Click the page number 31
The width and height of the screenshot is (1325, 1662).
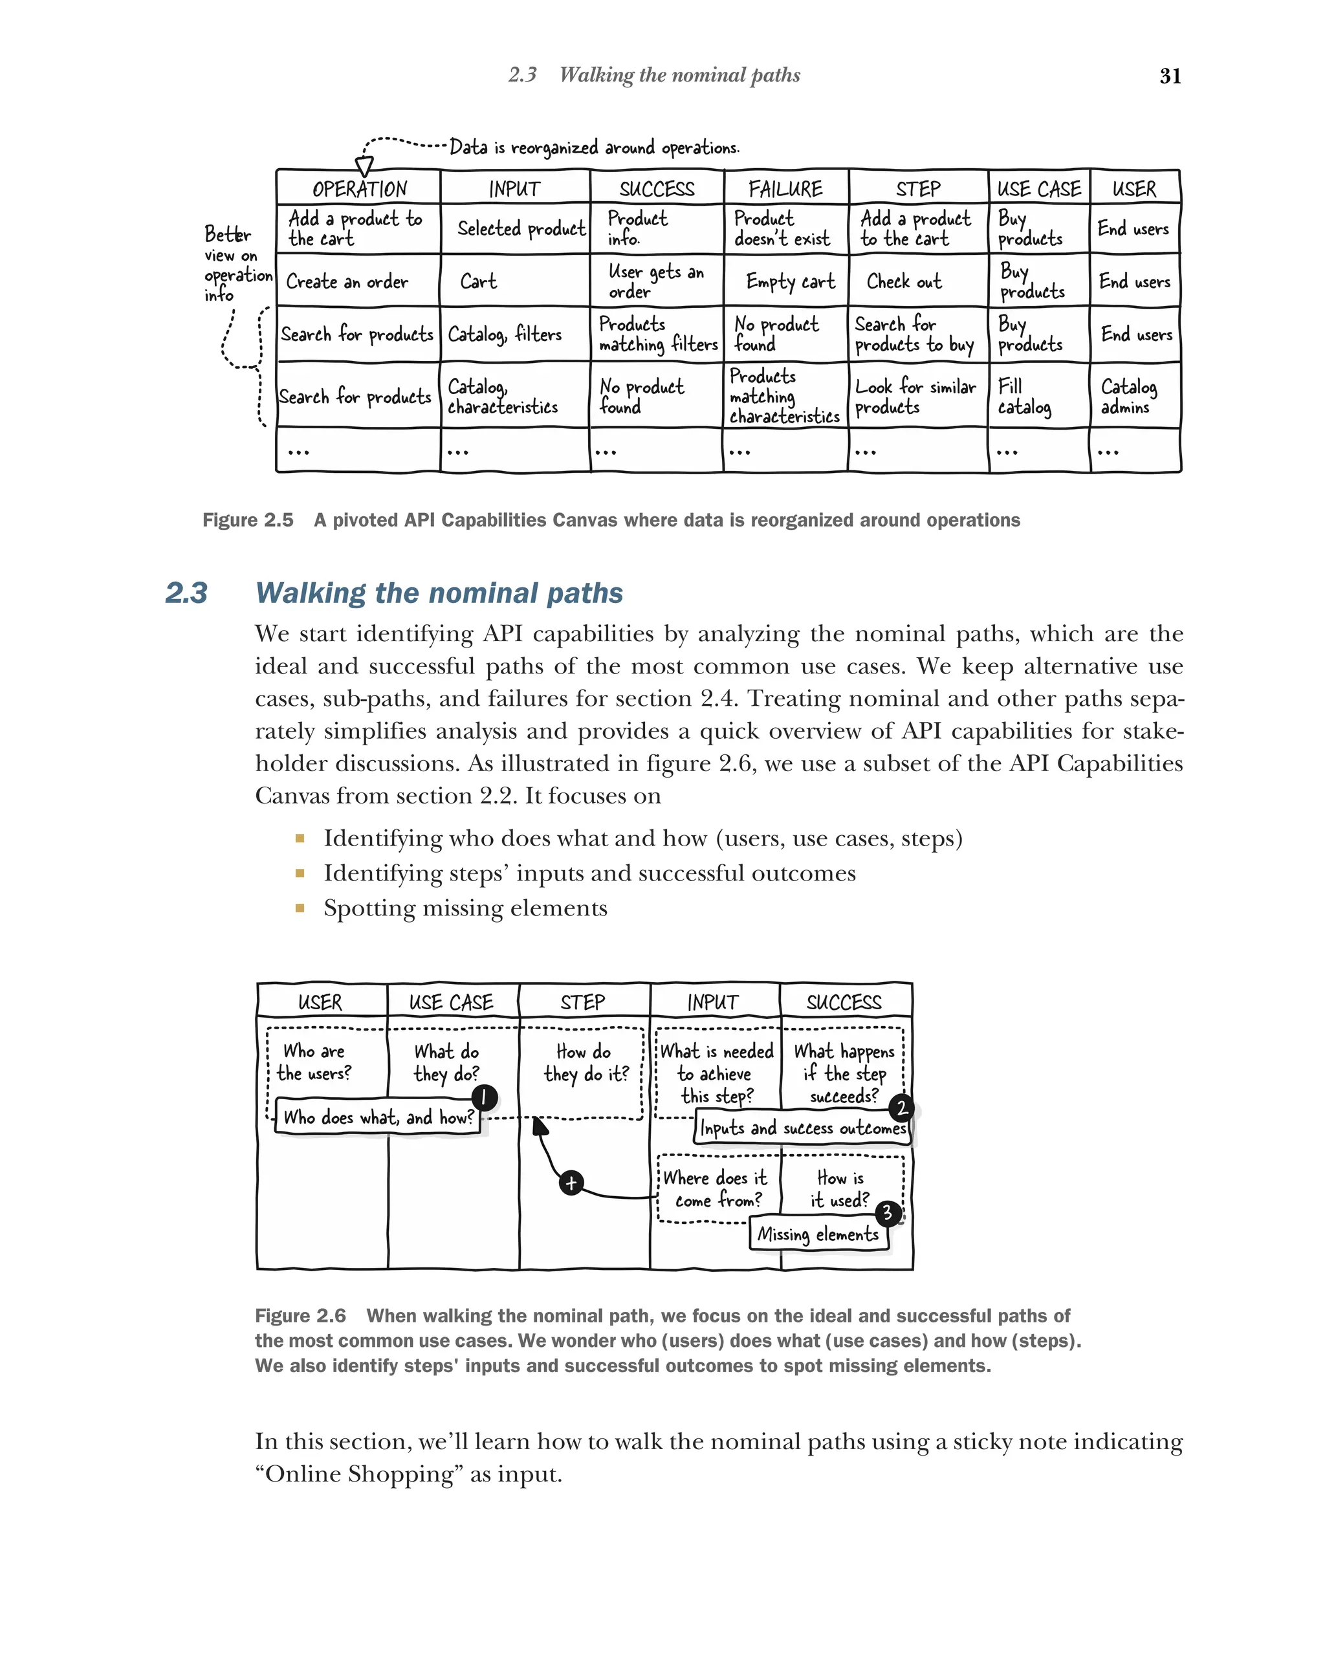[1169, 76]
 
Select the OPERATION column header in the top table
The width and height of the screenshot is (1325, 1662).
[358, 189]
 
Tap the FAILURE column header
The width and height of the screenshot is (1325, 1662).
[785, 189]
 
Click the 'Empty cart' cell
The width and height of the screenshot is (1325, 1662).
[789, 281]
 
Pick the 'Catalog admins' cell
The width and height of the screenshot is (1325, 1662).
[1128, 396]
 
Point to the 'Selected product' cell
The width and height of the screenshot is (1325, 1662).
[520, 229]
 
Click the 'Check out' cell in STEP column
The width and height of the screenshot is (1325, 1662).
[903, 281]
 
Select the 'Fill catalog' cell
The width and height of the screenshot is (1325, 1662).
[1024, 396]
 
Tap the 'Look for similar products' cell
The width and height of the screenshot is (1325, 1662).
[914, 396]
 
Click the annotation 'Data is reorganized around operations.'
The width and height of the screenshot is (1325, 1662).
[593, 148]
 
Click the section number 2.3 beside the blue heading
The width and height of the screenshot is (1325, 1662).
[186, 593]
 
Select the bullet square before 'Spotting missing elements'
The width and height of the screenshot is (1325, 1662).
[300, 908]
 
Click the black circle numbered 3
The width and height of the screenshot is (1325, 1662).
[888, 1212]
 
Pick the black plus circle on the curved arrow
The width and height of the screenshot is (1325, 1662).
[571, 1183]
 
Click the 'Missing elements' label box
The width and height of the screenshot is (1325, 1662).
[818, 1234]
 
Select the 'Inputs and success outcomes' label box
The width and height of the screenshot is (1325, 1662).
[802, 1128]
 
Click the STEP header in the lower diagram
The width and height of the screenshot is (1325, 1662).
[583, 1002]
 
